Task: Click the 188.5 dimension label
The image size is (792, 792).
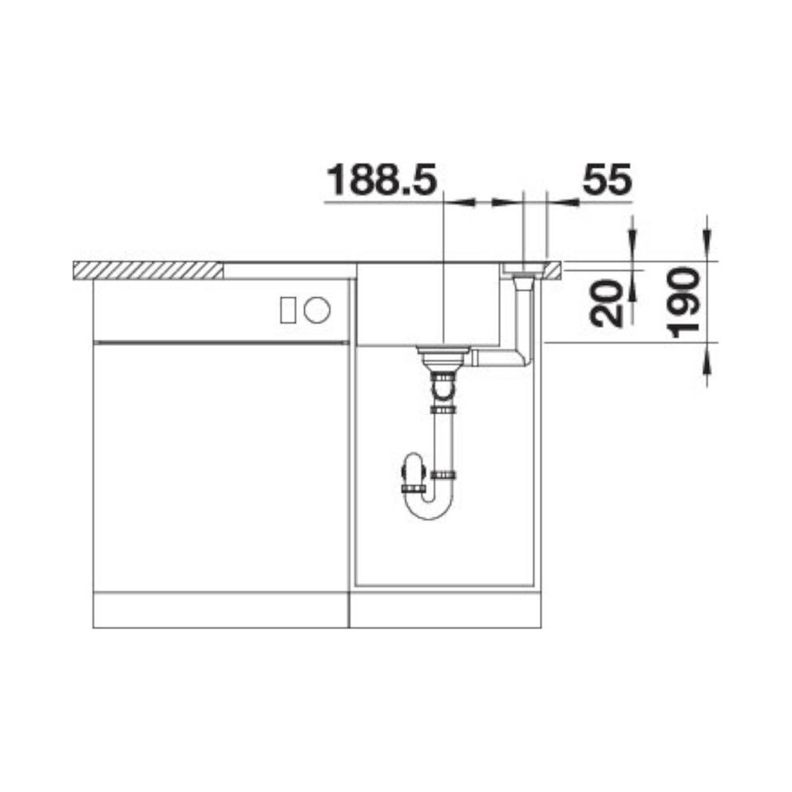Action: [382, 180]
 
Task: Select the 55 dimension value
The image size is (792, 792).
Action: [607, 180]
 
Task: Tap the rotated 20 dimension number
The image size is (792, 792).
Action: [607, 303]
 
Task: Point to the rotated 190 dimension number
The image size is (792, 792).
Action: [683, 303]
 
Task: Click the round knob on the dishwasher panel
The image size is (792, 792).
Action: [317, 309]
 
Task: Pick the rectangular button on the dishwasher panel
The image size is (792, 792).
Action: [288, 309]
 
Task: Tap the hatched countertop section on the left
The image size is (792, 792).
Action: [148, 270]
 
